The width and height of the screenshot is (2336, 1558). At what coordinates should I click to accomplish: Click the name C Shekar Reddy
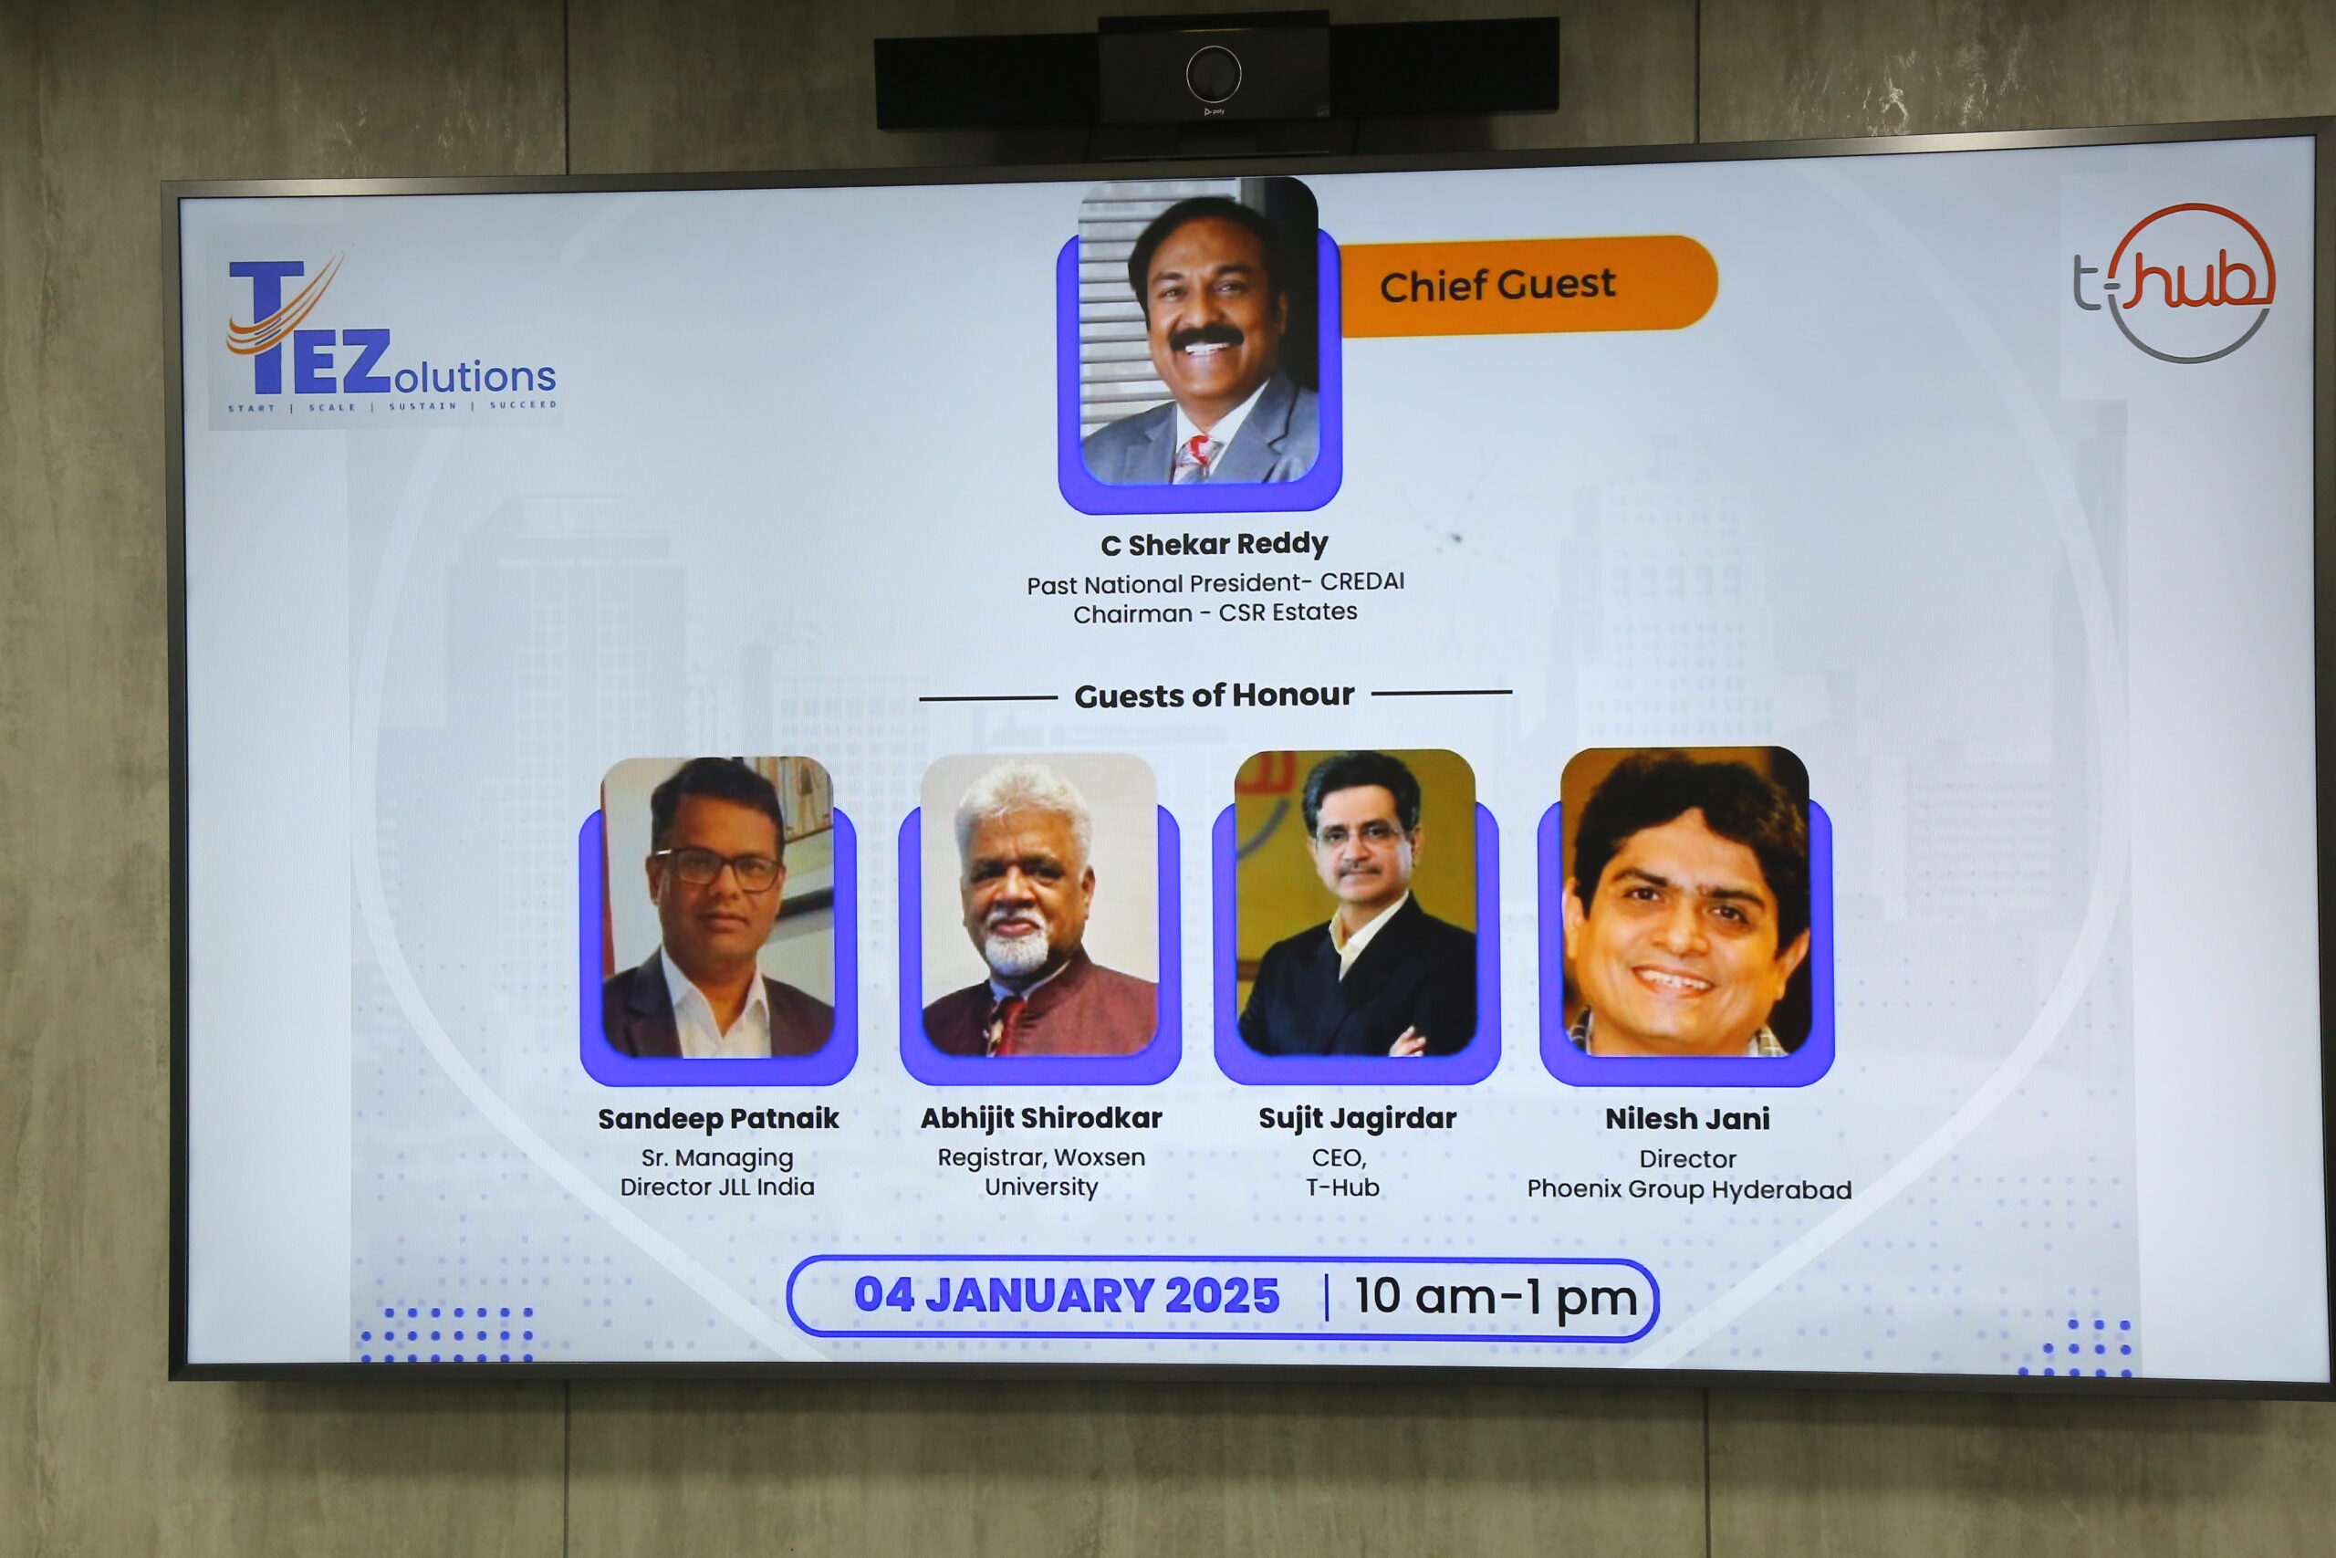pos(1214,543)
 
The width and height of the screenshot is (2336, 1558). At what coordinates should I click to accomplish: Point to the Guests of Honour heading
pos(1214,695)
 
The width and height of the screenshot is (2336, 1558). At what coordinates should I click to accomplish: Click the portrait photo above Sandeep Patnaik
pos(717,906)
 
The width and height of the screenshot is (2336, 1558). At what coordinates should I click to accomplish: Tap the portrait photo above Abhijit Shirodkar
pos(1039,904)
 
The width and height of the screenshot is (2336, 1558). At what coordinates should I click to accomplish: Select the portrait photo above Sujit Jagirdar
pos(1356,902)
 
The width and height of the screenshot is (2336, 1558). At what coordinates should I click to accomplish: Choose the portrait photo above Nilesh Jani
pos(1685,901)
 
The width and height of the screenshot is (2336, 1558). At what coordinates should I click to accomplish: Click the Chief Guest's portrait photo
pos(1199,331)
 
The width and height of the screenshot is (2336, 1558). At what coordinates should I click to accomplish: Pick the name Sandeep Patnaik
pos(718,1119)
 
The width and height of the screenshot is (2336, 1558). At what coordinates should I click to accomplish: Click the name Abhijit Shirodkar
pos(1041,1118)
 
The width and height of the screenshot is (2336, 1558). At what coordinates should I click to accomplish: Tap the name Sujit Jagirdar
pos(1357,1118)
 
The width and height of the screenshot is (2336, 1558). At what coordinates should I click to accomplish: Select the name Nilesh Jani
pos(1687,1119)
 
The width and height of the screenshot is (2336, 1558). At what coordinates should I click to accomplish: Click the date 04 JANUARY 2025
pos(1067,1296)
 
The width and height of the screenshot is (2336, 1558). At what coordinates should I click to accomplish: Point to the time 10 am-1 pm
pos(1496,1297)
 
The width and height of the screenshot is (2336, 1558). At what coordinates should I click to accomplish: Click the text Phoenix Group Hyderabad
pos(1689,1189)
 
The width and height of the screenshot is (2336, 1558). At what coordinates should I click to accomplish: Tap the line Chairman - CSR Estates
pos(1215,612)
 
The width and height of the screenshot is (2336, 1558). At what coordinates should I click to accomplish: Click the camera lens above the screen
pos(1214,74)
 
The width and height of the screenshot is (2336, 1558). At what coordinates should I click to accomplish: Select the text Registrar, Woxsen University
pos(1041,1172)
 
